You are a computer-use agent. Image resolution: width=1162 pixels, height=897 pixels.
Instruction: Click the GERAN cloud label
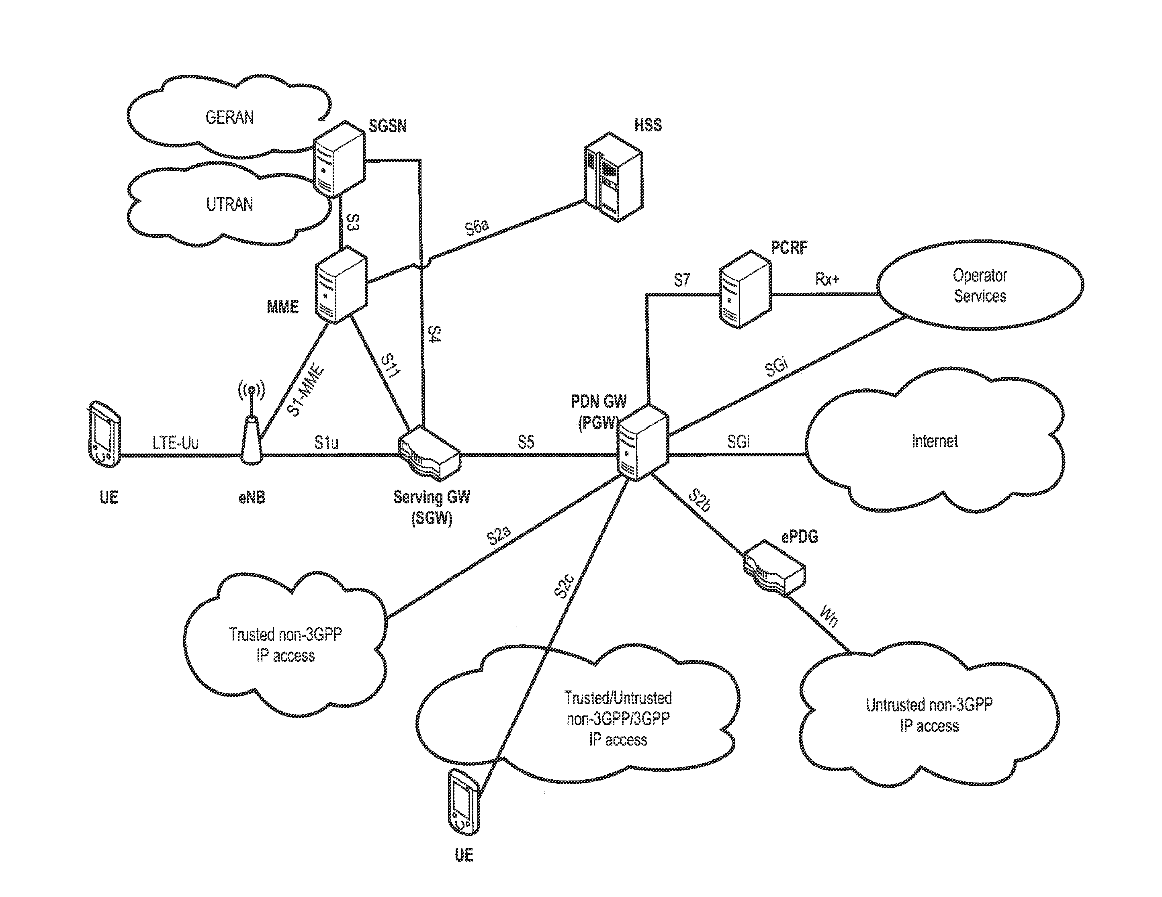tap(230, 117)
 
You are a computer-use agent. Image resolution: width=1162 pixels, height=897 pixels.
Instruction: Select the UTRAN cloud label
tap(230, 204)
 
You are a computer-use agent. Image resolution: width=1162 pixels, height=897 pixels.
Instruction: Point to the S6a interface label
tap(477, 227)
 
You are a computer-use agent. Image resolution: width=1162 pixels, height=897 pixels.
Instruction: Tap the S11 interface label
tap(390, 366)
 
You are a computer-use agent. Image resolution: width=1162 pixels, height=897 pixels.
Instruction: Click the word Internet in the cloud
tap(935, 441)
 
